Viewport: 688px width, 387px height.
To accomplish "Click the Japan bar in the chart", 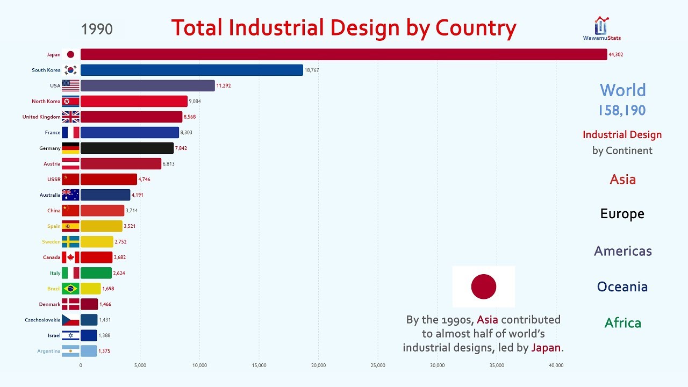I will (x=343, y=54).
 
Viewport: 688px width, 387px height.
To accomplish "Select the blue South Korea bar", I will (x=191, y=70).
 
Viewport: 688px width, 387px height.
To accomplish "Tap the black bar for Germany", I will (x=127, y=148).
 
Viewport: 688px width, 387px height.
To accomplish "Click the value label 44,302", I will (x=616, y=55).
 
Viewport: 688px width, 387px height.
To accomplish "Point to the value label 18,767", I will (x=312, y=70).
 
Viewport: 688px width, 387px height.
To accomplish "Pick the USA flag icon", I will (x=70, y=85).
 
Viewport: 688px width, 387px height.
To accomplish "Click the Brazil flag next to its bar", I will (x=70, y=289).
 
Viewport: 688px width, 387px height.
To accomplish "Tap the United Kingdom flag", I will (x=70, y=117).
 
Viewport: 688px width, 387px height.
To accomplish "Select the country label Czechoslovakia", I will (x=42, y=320).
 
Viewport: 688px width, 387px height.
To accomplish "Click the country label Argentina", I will (x=49, y=351).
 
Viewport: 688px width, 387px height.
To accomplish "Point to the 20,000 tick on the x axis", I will (x=318, y=365).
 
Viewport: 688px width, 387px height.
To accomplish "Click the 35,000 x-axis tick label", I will (x=497, y=365).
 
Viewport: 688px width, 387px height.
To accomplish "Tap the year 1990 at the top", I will (x=97, y=29).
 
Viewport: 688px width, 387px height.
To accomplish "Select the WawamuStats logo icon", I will (x=601, y=25).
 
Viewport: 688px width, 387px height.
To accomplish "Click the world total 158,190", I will (x=622, y=110).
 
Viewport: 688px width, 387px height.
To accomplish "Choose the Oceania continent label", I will (x=622, y=286).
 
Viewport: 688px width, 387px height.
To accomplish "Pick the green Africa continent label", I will (x=622, y=322).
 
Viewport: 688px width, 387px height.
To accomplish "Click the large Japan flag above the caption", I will (x=484, y=286).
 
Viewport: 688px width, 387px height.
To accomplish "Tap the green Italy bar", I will (x=96, y=273).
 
